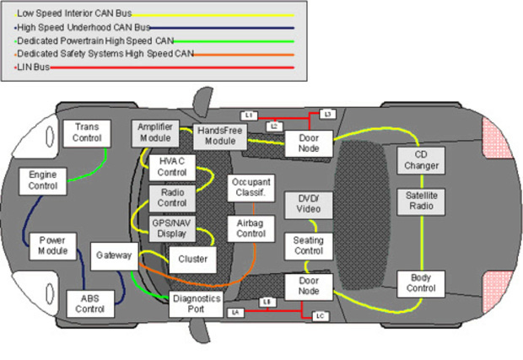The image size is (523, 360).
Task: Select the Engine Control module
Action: click(38, 180)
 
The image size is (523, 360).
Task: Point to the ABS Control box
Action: click(89, 303)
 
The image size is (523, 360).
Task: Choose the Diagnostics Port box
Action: click(196, 304)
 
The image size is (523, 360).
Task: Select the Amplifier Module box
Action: click(154, 132)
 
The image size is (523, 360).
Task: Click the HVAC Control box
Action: click(172, 167)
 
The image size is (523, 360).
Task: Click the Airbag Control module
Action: click(251, 228)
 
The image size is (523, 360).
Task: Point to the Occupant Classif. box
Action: click(251, 187)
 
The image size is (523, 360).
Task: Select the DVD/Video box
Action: click(308, 203)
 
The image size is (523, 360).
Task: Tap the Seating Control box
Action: click(308, 245)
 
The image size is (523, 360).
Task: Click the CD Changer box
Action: click(420, 160)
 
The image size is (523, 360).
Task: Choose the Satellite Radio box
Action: click(420, 201)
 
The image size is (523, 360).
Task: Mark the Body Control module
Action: click(420, 283)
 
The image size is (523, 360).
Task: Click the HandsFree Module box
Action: click(219, 135)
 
